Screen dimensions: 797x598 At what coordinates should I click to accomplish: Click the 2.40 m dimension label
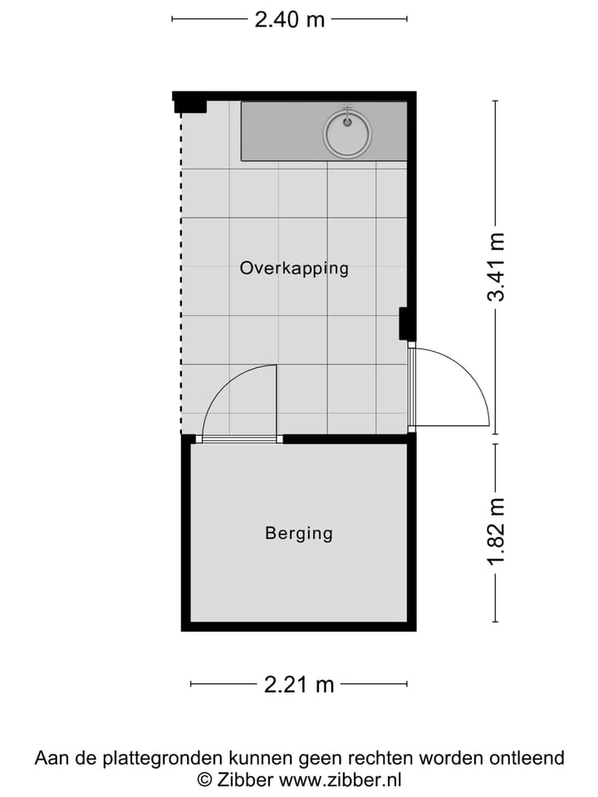[x=290, y=19]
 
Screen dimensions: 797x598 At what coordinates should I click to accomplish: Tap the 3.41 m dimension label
[x=496, y=267]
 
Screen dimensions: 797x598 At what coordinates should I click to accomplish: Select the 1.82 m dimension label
[x=496, y=532]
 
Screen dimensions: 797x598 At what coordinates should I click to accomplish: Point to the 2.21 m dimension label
[x=299, y=684]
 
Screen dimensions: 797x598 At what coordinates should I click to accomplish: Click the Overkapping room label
[x=294, y=268]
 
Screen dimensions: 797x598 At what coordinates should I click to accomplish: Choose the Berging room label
[x=299, y=533]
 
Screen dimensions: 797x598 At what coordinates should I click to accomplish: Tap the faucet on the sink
[x=348, y=114]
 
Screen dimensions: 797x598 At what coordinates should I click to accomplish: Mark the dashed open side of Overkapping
[x=182, y=274]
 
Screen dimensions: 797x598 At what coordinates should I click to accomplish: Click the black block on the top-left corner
[x=189, y=103]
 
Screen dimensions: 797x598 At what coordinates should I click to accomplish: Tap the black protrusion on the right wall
[x=406, y=323]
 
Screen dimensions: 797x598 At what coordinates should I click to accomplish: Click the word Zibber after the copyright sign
[x=246, y=780]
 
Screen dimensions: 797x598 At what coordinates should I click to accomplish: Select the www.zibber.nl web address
[x=341, y=780]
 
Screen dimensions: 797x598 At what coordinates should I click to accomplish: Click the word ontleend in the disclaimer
[x=527, y=758]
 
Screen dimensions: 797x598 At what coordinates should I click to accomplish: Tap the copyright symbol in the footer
[x=203, y=780]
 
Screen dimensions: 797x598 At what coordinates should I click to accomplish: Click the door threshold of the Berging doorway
[x=239, y=438]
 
